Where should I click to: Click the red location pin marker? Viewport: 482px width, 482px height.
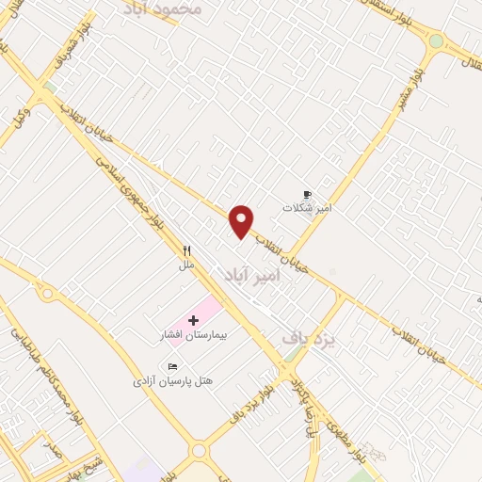(242, 220)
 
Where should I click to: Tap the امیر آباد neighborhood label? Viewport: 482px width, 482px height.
(253, 274)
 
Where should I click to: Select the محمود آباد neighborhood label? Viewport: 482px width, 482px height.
(162, 8)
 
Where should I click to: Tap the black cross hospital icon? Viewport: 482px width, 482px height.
(194, 321)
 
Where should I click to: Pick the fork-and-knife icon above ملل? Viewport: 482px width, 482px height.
(186, 250)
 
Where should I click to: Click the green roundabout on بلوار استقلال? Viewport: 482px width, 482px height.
(435, 41)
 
